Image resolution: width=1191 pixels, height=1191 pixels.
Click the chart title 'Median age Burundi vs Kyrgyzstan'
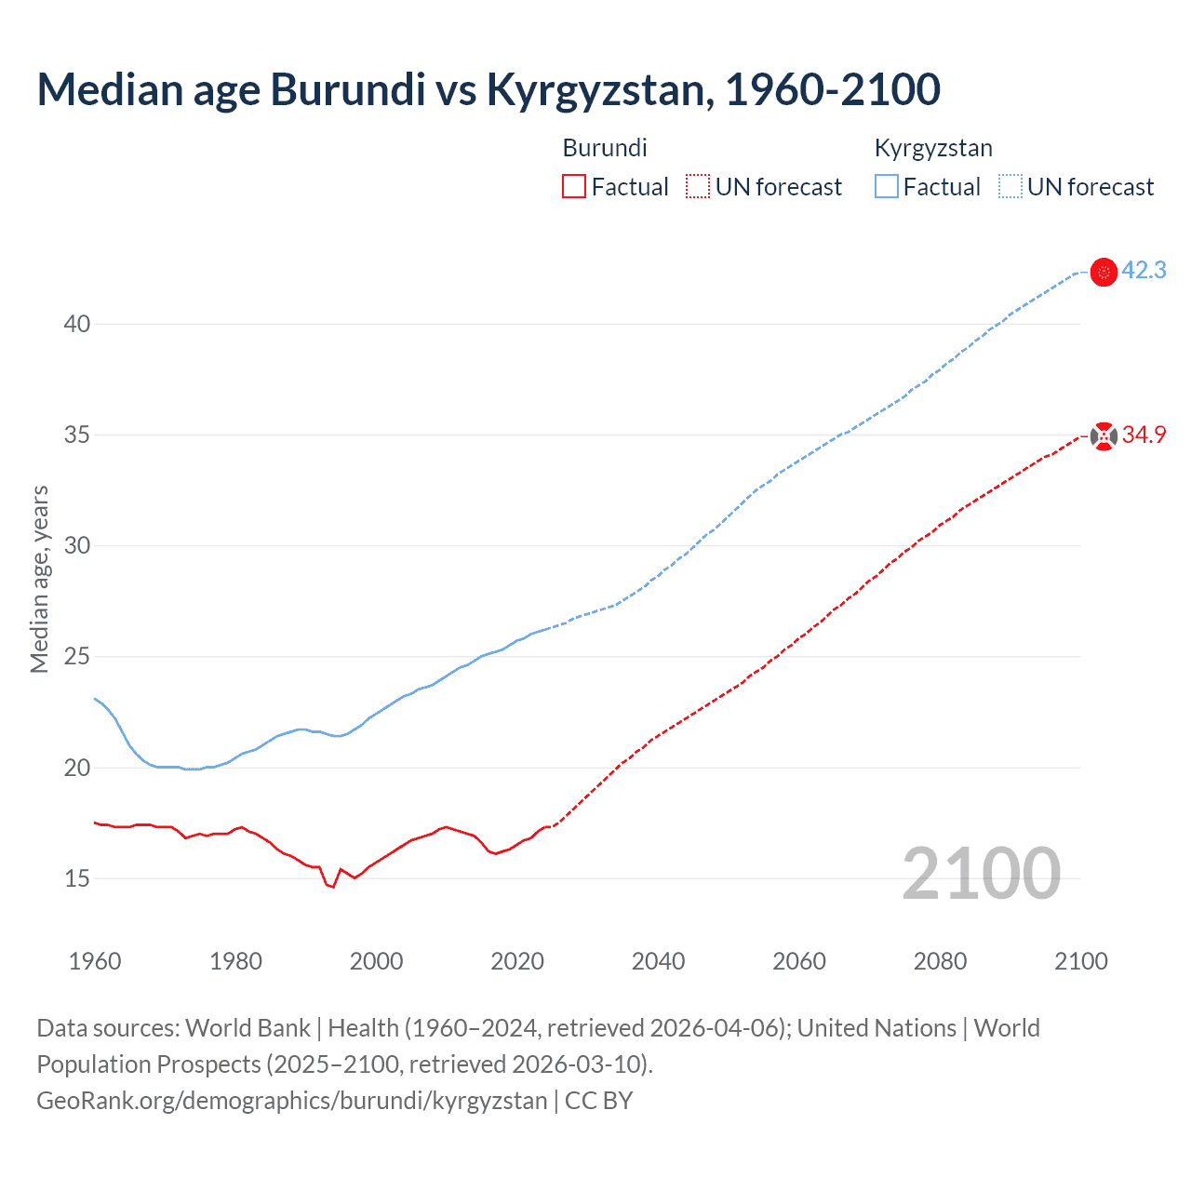(x=488, y=90)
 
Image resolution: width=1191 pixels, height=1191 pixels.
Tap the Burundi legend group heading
(x=605, y=148)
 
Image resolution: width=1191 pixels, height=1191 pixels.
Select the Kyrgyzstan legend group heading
(x=933, y=148)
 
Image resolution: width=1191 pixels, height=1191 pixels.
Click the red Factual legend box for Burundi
(x=574, y=187)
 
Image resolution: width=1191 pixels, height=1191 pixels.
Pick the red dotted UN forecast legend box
(x=698, y=187)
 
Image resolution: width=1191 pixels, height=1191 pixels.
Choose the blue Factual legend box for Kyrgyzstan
(x=887, y=187)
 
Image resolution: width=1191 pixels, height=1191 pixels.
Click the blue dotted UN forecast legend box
(x=1010, y=187)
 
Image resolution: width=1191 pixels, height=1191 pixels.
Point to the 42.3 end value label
(x=1144, y=271)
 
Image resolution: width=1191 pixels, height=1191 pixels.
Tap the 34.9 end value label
(x=1144, y=435)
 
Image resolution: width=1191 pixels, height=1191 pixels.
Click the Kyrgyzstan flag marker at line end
(x=1104, y=272)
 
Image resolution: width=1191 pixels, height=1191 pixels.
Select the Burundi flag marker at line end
(x=1104, y=435)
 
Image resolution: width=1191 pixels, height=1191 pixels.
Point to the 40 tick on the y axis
(x=77, y=324)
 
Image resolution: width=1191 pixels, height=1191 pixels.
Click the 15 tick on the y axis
(x=77, y=878)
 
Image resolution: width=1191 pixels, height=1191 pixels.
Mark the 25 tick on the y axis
(x=77, y=657)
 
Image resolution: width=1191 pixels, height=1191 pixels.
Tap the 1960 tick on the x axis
(x=95, y=961)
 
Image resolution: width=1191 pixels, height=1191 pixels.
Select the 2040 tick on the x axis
(x=658, y=961)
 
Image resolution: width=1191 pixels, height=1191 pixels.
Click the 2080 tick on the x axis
(x=940, y=961)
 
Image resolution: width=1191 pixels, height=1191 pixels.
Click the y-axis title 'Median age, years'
(x=39, y=579)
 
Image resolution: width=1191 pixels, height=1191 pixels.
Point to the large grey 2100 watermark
(x=981, y=874)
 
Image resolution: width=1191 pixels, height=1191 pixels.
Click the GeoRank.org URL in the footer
(x=291, y=1101)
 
